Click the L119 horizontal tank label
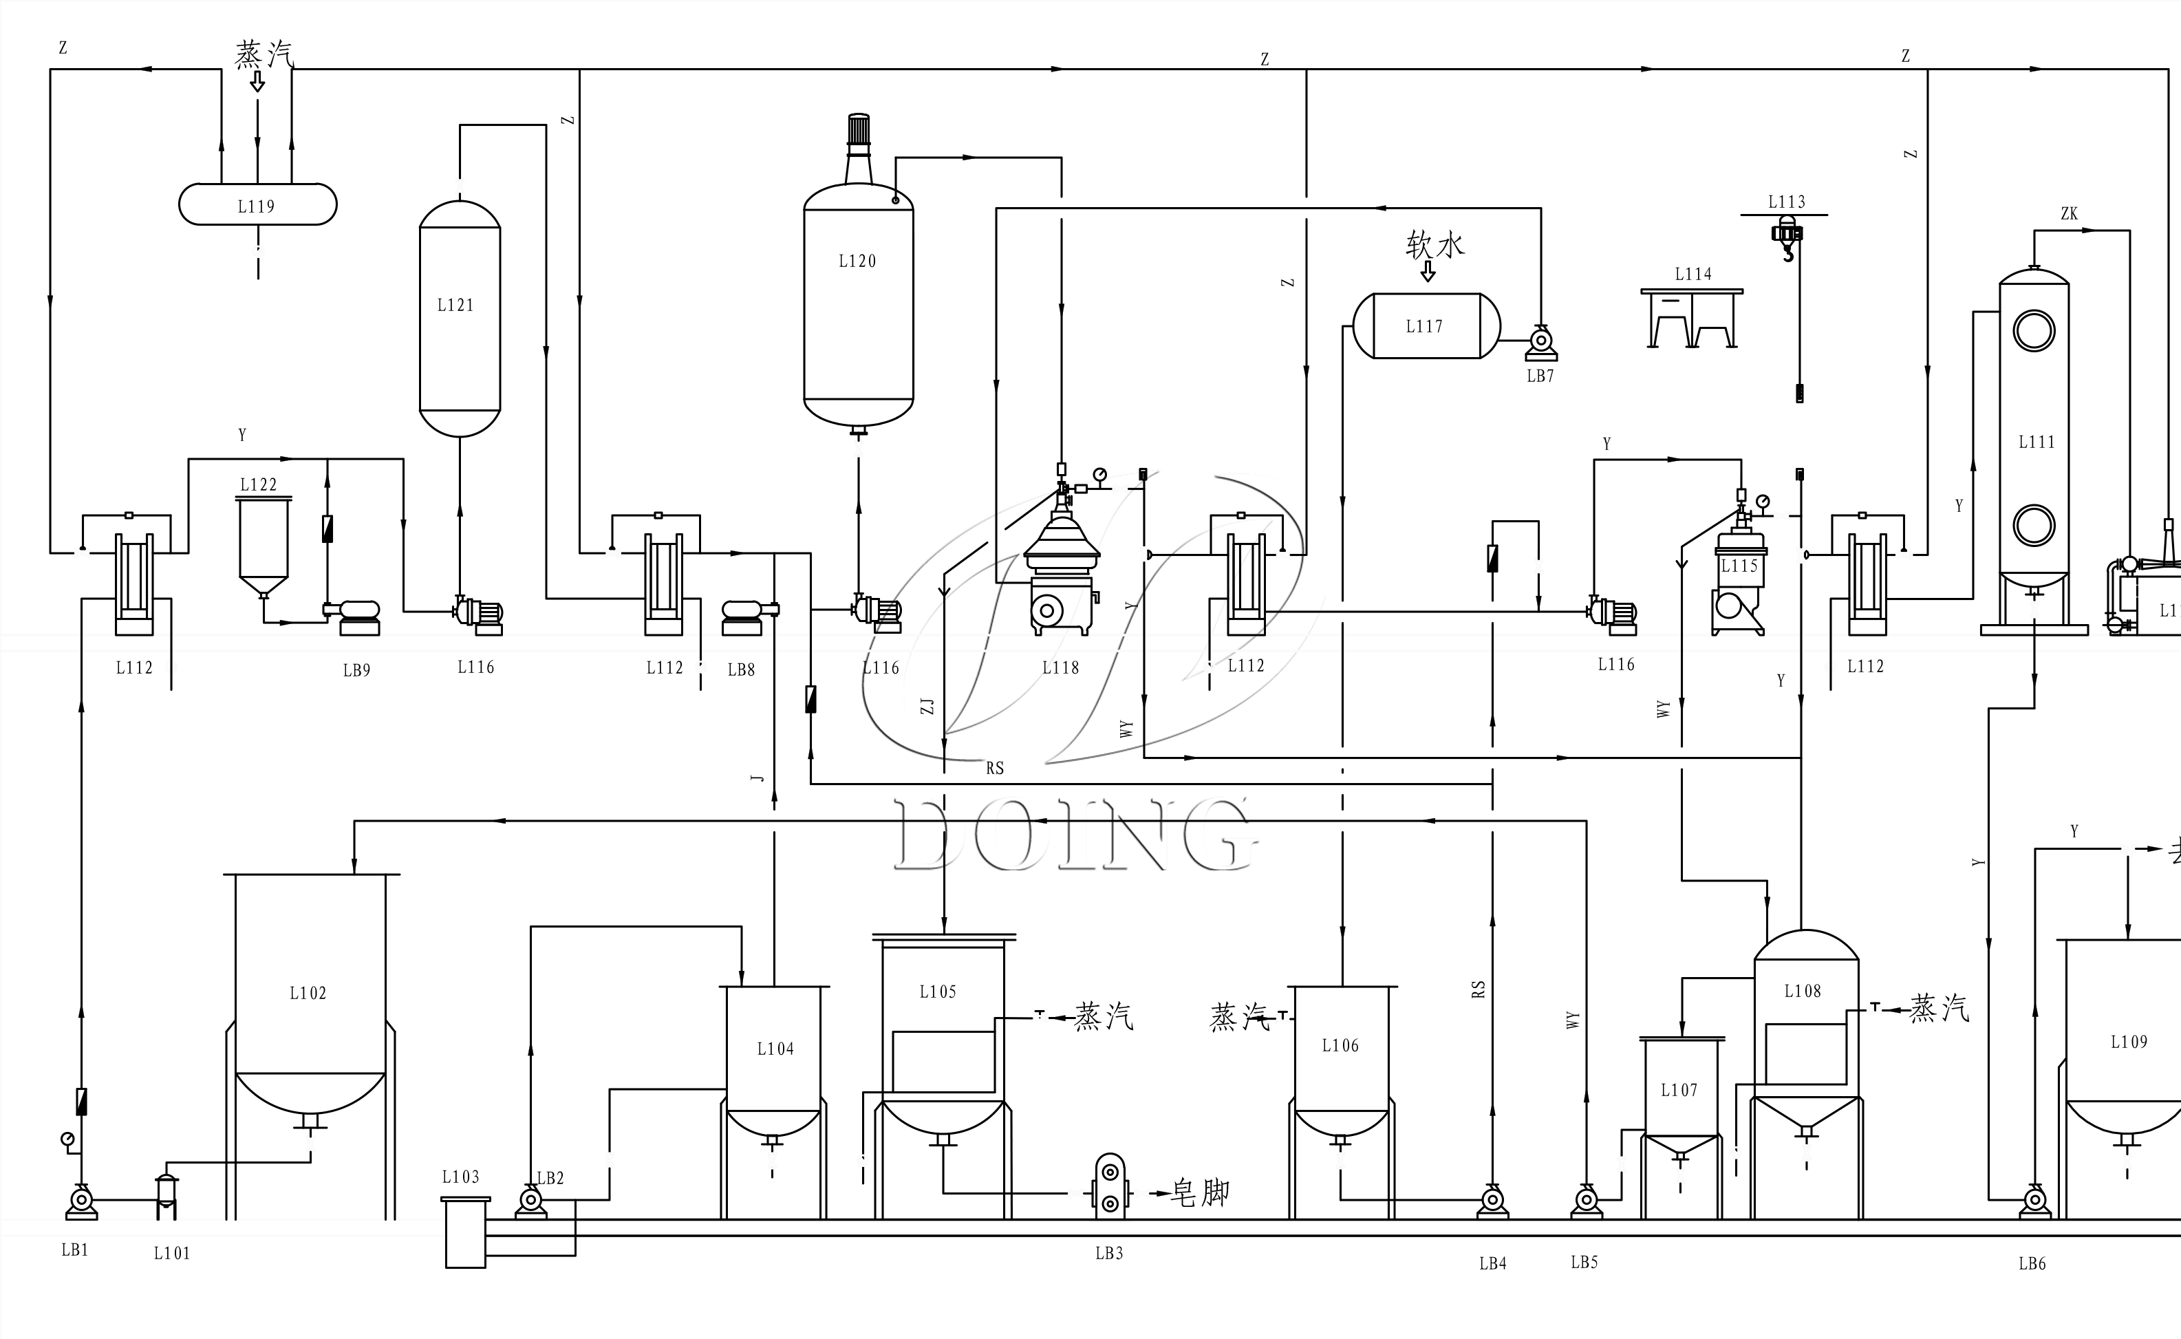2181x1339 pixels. (x=256, y=206)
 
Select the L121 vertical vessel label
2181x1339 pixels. (x=455, y=306)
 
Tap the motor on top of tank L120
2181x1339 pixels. (x=858, y=130)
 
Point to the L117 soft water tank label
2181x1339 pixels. (x=1424, y=327)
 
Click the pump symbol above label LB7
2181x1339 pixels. (x=1540, y=341)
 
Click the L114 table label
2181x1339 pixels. (x=1693, y=275)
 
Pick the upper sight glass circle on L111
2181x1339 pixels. (x=2033, y=331)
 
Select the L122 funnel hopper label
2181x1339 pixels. (x=259, y=484)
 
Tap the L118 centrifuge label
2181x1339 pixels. (x=1060, y=667)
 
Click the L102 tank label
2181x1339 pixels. (x=308, y=994)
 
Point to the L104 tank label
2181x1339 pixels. (x=775, y=1049)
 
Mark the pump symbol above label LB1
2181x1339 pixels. (x=81, y=1200)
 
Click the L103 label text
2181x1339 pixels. (x=460, y=1177)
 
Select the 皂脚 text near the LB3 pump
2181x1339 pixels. (x=1200, y=1193)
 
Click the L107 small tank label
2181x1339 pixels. (x=1679, y=1090)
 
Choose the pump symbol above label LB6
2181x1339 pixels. (x=2034, y=1200)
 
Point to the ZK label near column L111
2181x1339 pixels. (x=2069, y=213)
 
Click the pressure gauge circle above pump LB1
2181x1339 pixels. (x=68, y=1139)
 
